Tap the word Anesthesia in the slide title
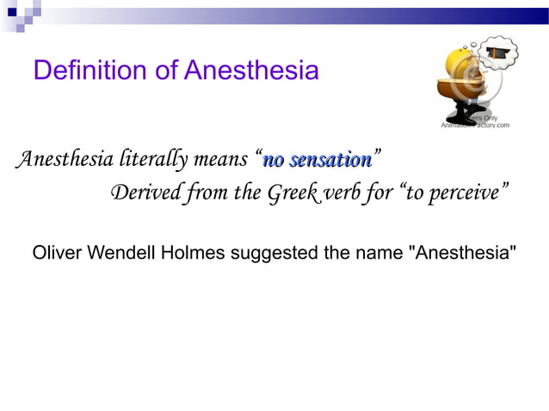point(250,71)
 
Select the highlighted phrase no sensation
point(318,160)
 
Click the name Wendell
point(124,254)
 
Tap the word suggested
point(272,254)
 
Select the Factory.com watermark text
point(490,126)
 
